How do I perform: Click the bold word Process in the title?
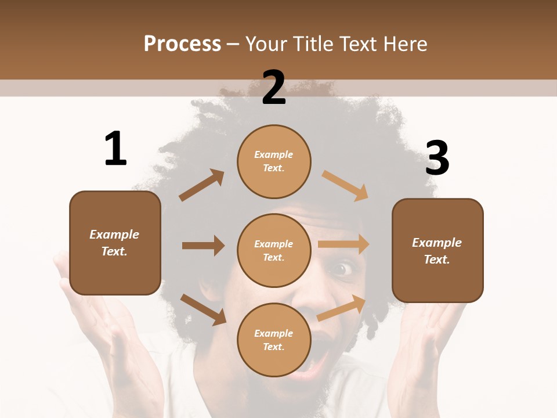[182, 44]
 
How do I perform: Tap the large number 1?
[115, 149]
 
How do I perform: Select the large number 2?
[274, 88]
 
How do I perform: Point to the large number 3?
[437, 158]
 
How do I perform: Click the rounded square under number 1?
[115, 243]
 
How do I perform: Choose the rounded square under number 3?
[437, 250]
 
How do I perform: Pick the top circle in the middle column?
[274, 161]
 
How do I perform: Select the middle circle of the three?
[274, 250]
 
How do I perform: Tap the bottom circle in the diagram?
[274, 340]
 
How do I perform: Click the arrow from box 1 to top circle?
[202, 185]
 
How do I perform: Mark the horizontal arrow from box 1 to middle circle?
[203, 246]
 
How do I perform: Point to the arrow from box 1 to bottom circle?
[203, 309]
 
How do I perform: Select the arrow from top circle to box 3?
[345, 186]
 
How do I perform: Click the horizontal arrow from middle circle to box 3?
[343, 244]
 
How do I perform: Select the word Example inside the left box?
[114, 235]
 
